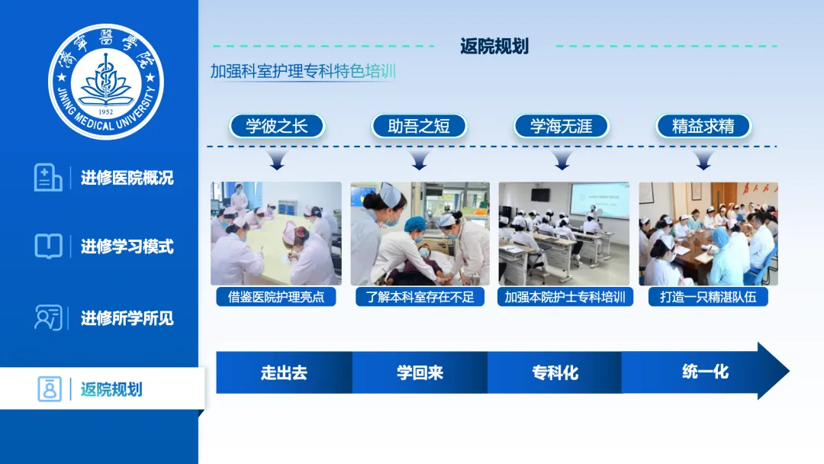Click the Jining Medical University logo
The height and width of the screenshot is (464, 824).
105,82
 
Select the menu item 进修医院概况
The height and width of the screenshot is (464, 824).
127,178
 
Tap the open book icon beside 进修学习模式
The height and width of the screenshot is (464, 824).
48,246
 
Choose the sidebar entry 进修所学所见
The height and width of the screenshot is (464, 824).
127,318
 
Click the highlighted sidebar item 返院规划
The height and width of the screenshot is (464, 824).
111,389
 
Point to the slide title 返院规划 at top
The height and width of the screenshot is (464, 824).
494,47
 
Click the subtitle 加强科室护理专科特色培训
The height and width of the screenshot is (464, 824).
303,71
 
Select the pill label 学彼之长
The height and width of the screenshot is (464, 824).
277,126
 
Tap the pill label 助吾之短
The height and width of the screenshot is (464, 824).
419,126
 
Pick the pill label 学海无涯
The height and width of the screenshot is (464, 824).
562,126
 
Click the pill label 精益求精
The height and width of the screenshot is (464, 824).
703,126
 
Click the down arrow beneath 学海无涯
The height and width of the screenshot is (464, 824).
562,159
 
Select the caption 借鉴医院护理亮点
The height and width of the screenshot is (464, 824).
276,297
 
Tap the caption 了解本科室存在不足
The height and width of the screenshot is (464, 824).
420,297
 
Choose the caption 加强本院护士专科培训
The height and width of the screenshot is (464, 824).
565,297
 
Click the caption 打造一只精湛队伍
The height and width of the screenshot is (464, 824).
708,297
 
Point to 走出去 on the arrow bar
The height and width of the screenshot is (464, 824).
284,372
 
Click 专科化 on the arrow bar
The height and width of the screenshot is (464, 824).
555,372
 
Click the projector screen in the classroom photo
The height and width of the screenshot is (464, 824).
600,198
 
